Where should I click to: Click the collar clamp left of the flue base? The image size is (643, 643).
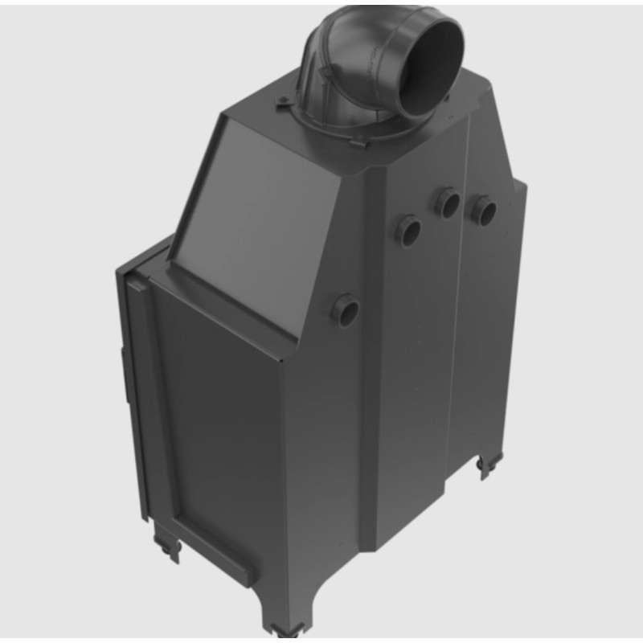click(x=284, y=104)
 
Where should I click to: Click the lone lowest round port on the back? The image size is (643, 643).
click(x=346, y=309)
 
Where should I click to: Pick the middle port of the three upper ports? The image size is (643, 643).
click(x=448, y=203)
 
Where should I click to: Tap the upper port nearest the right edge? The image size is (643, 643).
click(x=484, y=210)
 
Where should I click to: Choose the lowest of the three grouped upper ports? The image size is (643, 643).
click(x=408, y=231)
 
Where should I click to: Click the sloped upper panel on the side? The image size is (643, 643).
click(x=241, y=197)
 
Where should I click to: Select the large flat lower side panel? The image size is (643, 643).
click(x=221, y=426)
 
